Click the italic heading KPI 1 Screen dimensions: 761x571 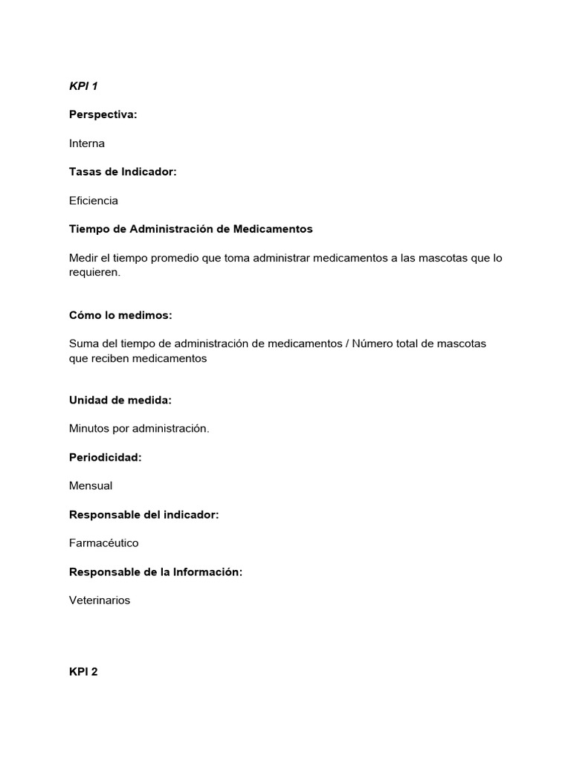coord(83,86)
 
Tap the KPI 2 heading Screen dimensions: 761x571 coord(83,672)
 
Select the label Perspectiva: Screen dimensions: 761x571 coord(103,114)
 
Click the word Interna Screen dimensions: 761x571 coord(87,143)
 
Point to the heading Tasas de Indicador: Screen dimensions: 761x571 coord(123,172)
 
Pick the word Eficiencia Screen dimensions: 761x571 coord(94,201)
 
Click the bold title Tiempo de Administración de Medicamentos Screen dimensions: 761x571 coord(191,229)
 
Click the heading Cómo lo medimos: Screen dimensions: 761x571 coord(120,315)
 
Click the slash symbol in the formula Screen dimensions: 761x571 coord(347,343)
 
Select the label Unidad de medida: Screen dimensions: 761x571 coord(120,400)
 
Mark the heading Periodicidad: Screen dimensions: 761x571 coord(105,457)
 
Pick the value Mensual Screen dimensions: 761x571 coord(91,486)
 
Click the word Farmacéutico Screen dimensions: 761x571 coord(104,543)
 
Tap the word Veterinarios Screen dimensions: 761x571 coord(100,600)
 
